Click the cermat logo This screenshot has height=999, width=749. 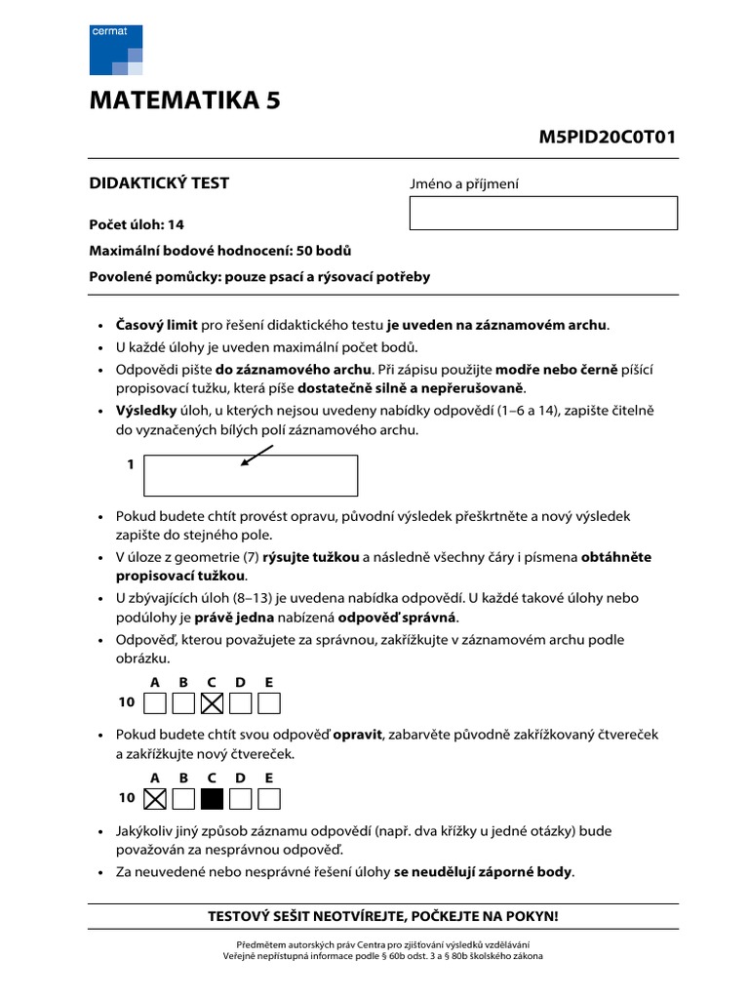coord(116,50)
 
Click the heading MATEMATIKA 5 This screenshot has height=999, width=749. coord(185,101)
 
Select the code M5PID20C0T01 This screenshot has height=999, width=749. coord(607,137)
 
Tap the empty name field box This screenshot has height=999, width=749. coord(542,213)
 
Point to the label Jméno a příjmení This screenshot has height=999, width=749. coord(464,184)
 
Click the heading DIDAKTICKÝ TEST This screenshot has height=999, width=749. coord(159,183)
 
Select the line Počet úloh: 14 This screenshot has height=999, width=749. coord(137,224)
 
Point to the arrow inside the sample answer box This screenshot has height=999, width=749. coord(257,456)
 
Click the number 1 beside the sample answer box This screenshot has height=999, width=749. coord(131,465)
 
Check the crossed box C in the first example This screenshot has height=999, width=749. coord(212,702)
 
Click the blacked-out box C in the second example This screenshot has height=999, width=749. coord(212,799)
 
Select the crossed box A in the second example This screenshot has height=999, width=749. coord(154,799)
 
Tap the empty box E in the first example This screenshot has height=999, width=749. coord(269,702)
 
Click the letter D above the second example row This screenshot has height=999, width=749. coord(240,778)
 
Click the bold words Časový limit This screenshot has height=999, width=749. coord(157,325)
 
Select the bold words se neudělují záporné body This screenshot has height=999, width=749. coord(484,872)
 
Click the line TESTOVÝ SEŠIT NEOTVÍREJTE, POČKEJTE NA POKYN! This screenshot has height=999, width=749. coord(383,917)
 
